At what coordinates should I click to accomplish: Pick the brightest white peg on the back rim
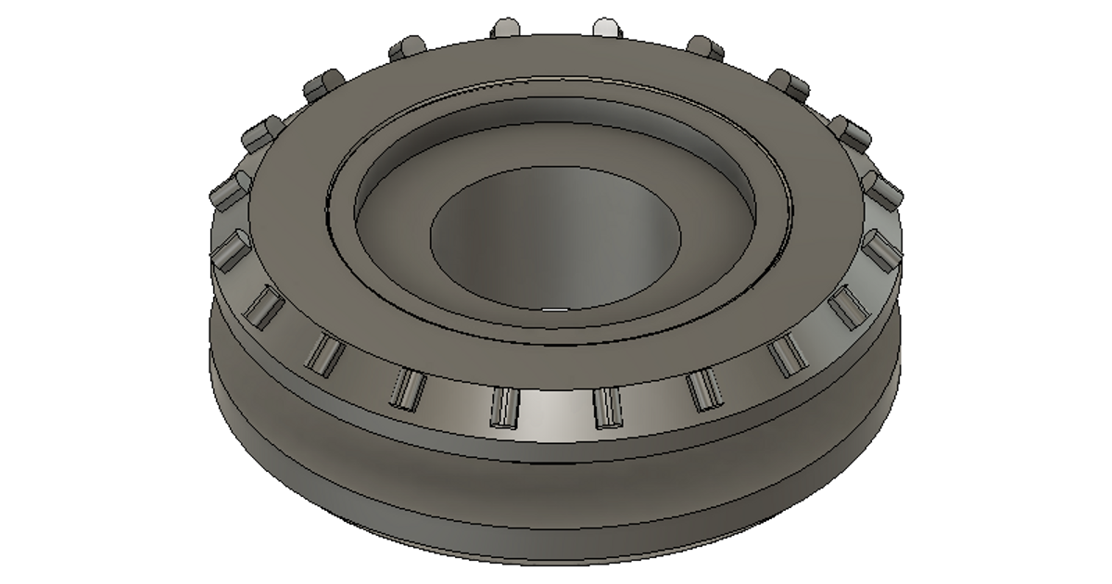point(604,26)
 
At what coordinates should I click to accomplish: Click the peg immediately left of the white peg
point(506,26)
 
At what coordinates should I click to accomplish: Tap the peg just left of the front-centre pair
point(405,388)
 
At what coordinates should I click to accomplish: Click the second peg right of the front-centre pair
point(784,355)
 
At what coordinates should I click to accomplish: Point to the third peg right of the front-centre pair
point(846,307)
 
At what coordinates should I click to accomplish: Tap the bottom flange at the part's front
point(556,547)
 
